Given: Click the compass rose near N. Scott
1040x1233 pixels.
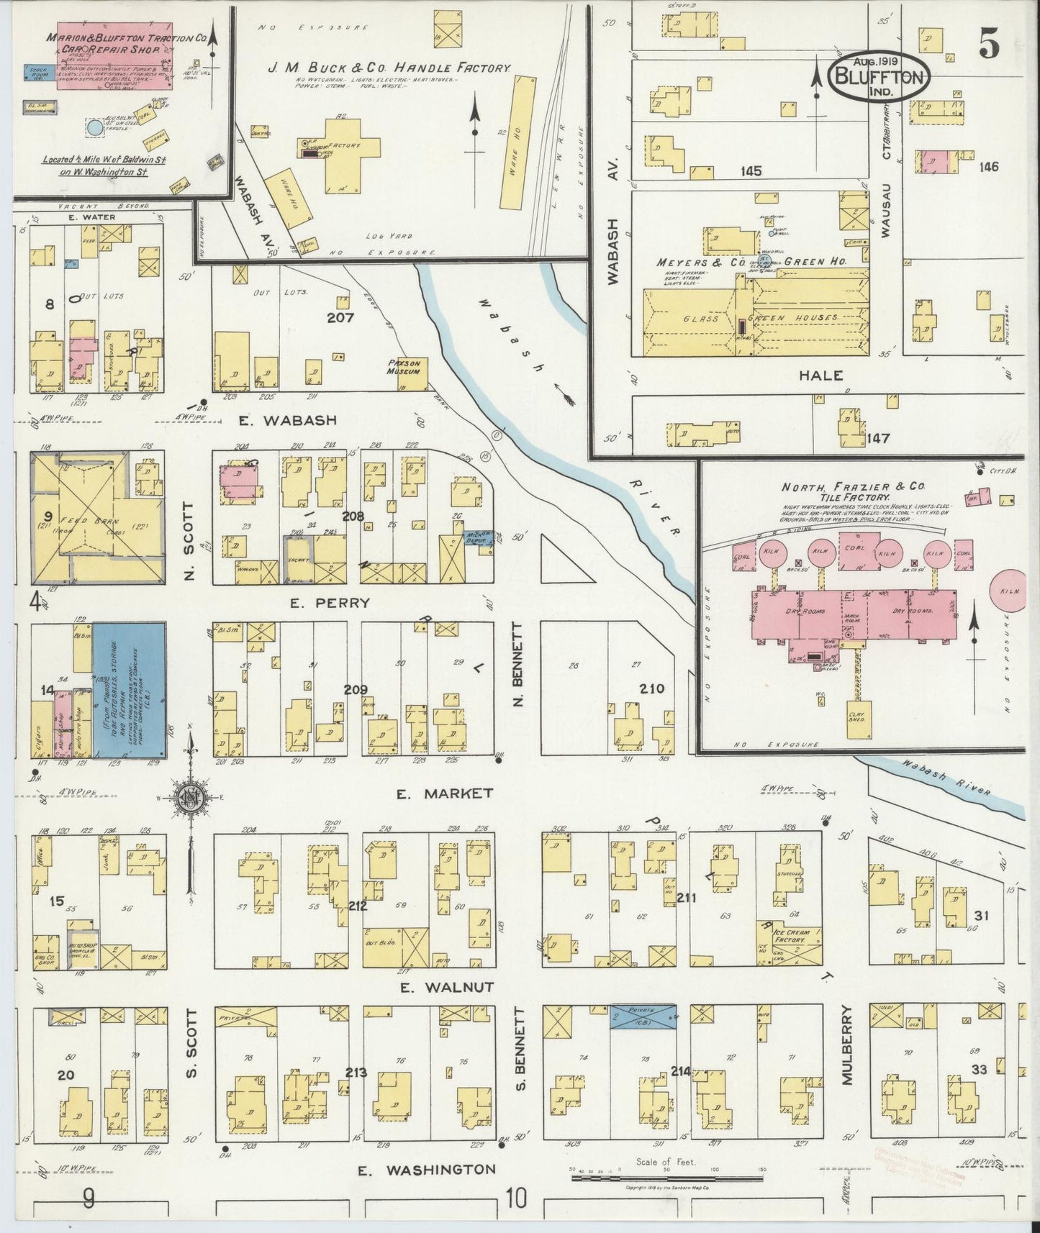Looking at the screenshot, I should click(x=189, y=796).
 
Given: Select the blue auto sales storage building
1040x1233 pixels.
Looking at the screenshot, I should click(x=130, y=690).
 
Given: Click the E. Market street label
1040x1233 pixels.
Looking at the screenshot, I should click(x=444, y=793).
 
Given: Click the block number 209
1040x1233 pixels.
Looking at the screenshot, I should click(x=355, y=690).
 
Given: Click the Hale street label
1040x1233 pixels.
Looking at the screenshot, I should click(x=820, y=376).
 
